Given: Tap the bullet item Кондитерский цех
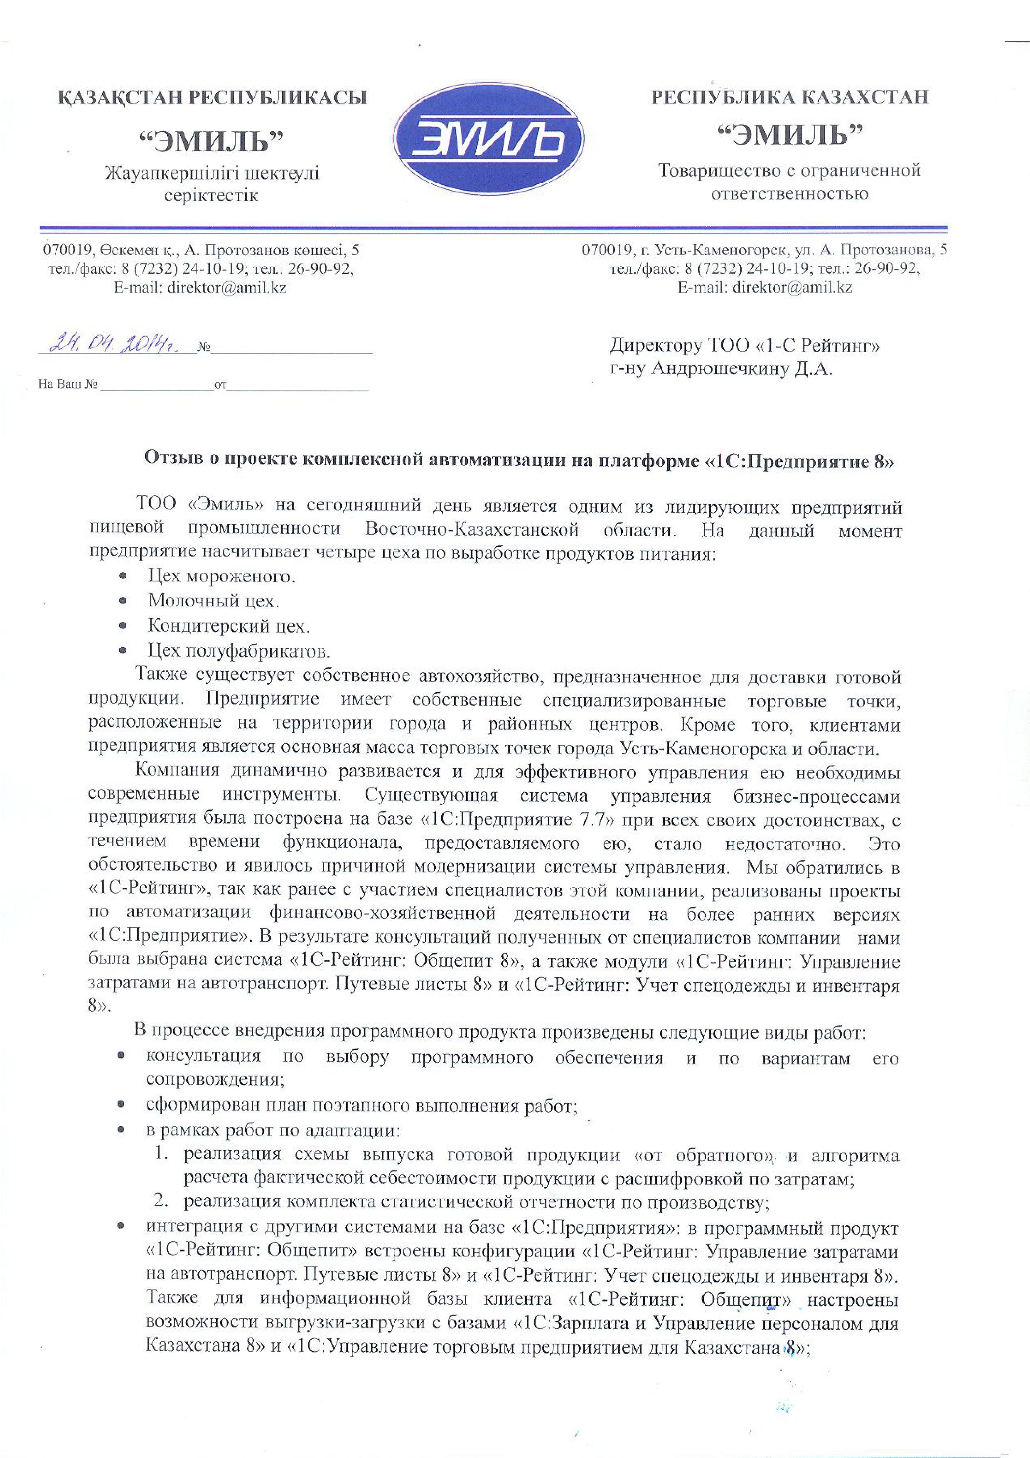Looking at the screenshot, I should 229,626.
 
